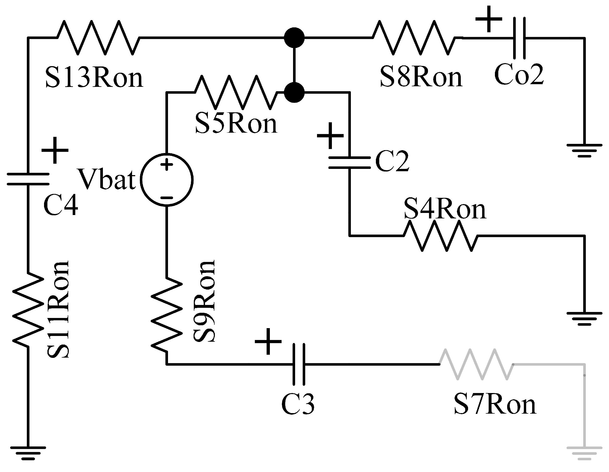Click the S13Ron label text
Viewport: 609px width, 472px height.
tap(94, 78)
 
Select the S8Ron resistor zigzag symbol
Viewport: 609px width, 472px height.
tap(414, 38)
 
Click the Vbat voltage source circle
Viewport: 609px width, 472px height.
tap(167, 180)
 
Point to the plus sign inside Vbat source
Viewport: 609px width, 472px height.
tap(167, 164)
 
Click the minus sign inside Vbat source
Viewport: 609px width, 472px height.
tap(167, 198)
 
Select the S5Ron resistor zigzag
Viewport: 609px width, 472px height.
tap(236, 92)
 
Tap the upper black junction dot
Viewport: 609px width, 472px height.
tap(294, 38)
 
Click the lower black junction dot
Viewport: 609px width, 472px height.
tap(294, 92)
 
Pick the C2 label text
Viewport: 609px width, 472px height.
tap(392, 161)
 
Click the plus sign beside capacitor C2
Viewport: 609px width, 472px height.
tap(330, 136)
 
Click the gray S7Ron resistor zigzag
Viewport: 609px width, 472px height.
tap(476, 364)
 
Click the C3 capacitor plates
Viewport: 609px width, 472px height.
tap(299, 364)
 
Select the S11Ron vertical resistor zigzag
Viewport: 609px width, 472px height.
tap(28, 310)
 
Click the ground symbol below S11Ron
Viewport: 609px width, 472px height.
tap(28, 452)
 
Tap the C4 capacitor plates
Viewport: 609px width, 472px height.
tap(28, 179)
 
